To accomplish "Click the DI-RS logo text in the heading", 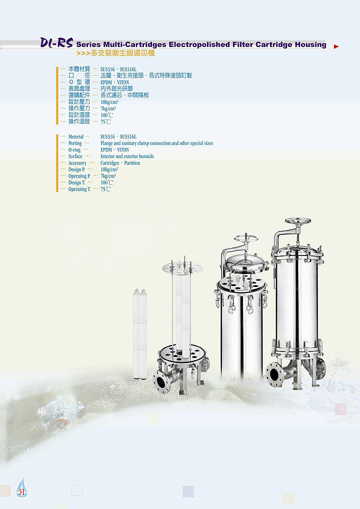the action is point(56,42).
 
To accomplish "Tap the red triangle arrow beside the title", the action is point(336,46).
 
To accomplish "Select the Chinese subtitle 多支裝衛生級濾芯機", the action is point(122,53).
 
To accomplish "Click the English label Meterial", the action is point(76,136).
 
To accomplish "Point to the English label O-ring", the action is point(74,150).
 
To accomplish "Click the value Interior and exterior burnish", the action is point(127,156).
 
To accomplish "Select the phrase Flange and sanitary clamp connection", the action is point(135,143).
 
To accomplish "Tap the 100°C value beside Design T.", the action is point(107,182).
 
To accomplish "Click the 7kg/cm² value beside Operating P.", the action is point(108,176).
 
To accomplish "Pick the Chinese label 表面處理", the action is point(79,88).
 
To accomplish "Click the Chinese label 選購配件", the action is point(79,95).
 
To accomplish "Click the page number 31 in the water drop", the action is point(21,492).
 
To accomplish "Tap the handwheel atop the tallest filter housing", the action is point(298,221).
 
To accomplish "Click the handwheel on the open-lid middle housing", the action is point(245,239).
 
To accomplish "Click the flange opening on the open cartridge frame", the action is point(161,381).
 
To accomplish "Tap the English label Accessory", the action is point(77,163).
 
